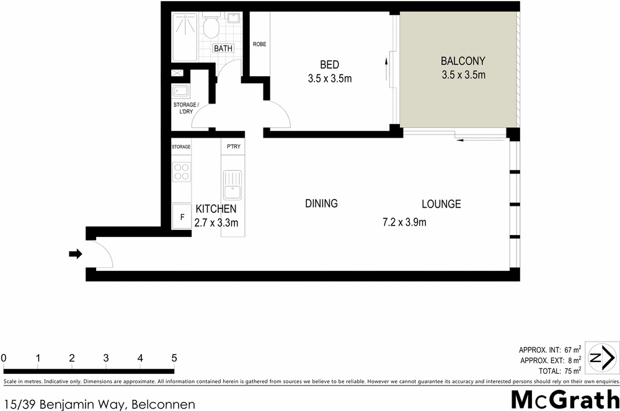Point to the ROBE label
259,45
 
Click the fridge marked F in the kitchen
182,217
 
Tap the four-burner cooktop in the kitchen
182,171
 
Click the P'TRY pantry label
233,147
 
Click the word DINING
321,203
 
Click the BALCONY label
463,61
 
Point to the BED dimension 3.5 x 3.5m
330,79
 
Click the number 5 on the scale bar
174,358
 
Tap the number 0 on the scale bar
4,358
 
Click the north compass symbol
601,358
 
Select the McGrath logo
564,400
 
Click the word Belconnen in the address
163,405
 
